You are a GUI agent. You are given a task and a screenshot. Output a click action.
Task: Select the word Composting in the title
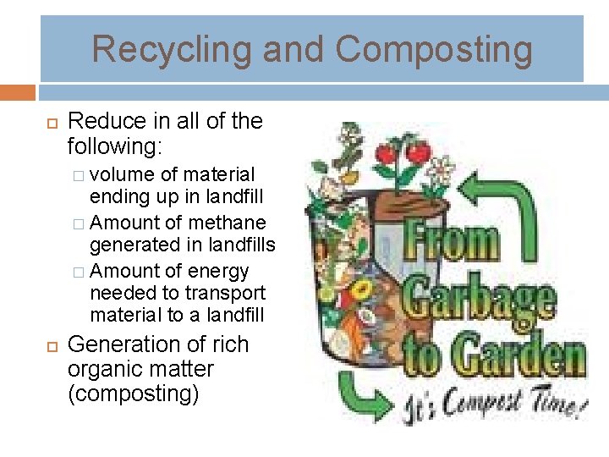(x=434, y=48)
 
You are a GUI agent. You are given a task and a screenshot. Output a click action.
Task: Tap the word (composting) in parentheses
(x=133, y=394)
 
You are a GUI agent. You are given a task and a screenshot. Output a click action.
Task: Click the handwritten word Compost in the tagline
(x=460, y=407)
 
